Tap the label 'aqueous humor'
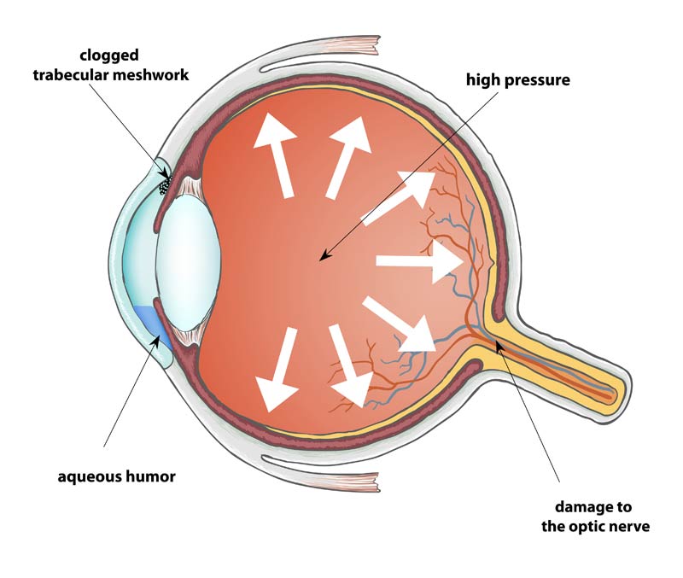pos(116,476)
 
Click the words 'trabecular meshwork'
pos(112,75)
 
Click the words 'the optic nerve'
pos(595,526)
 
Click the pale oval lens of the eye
pos(190,260)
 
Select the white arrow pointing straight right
pos(419,261)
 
